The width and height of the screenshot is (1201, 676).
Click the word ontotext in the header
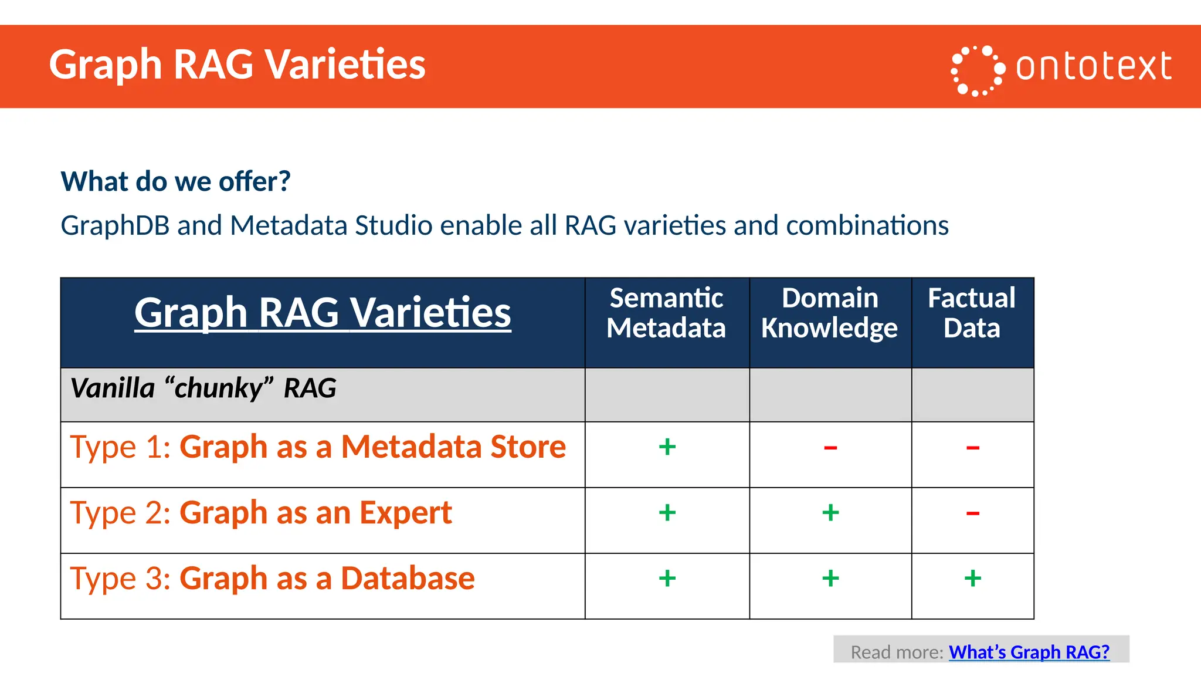(1093, 66)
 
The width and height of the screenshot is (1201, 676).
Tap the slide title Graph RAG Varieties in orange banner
(237, 64)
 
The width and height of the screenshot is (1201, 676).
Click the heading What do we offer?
(175, 181)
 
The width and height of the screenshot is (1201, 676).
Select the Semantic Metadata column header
(666, 313)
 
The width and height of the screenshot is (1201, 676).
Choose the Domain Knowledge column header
(829, 313)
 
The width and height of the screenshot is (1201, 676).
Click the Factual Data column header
(972, 313)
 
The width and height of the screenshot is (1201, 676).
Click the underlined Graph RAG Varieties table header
(323, 312)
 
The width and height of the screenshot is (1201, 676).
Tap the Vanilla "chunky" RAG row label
(203, 388)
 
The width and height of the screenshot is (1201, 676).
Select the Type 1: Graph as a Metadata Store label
(318, 447)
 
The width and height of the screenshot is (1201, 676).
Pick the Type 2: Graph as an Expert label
(261, 513)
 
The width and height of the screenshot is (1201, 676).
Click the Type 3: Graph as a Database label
(272, 579)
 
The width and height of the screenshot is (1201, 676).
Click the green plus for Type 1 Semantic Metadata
(667, 447)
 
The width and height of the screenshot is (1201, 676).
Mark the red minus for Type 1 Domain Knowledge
(830, 448)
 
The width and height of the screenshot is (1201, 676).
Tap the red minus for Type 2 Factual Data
(972, 514)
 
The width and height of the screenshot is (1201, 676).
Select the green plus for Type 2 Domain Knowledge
(830, 513)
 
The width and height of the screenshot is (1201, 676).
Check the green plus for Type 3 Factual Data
(972, 579)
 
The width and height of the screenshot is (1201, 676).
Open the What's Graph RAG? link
(1029, 652)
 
